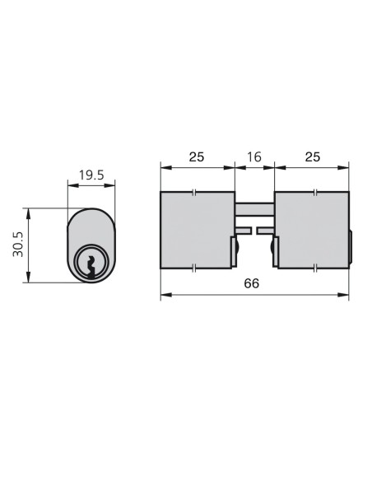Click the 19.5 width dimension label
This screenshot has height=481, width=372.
91,175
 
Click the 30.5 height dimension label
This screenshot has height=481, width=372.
18,245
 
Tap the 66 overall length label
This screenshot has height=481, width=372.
252,283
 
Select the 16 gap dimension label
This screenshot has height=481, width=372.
254,156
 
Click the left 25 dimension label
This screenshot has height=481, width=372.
197,156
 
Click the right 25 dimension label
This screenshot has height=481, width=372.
313,156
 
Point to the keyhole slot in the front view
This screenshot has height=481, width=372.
91,267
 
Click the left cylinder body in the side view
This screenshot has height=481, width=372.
196,230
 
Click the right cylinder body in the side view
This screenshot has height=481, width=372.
312,230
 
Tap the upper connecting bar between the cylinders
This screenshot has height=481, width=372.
254,209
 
